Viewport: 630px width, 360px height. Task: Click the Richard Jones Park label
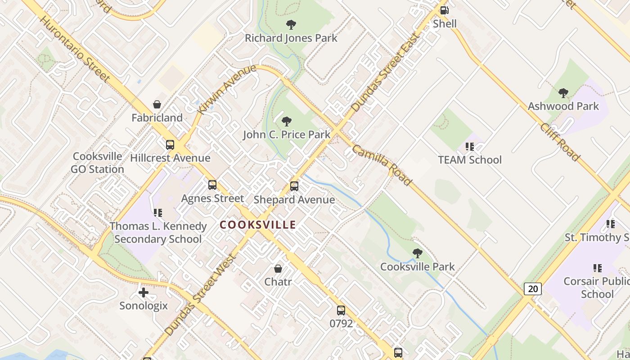(291, 38)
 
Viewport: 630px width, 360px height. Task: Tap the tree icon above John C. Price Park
(286, 121)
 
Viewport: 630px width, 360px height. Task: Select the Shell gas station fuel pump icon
(444, 10)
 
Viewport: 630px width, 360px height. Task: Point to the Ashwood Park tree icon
(563, 93)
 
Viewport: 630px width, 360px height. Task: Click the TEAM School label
(470, 160)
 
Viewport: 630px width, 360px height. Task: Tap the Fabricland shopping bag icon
(157, 104)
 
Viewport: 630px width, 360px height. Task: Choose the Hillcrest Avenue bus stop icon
(170, 145)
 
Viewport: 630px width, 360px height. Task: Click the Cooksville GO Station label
(97, 163)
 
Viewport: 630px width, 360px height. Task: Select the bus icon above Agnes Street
(212, 185)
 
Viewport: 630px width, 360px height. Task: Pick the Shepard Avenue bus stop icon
(294, 186)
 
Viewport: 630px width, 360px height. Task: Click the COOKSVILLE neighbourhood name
(258, 225)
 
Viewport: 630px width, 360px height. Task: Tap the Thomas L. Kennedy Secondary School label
(158, 232)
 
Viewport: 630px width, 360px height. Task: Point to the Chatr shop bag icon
(278, 269)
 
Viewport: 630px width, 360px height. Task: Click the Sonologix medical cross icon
(144, 293)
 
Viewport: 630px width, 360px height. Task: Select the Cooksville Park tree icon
(418, 253)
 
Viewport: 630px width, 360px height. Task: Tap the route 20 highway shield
(533, 289)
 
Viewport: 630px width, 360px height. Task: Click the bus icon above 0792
(341, 310)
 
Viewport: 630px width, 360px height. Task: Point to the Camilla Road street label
(382, 165)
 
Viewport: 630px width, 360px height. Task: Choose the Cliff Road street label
(559, 142)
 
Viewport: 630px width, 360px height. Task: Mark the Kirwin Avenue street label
(227, 89)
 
